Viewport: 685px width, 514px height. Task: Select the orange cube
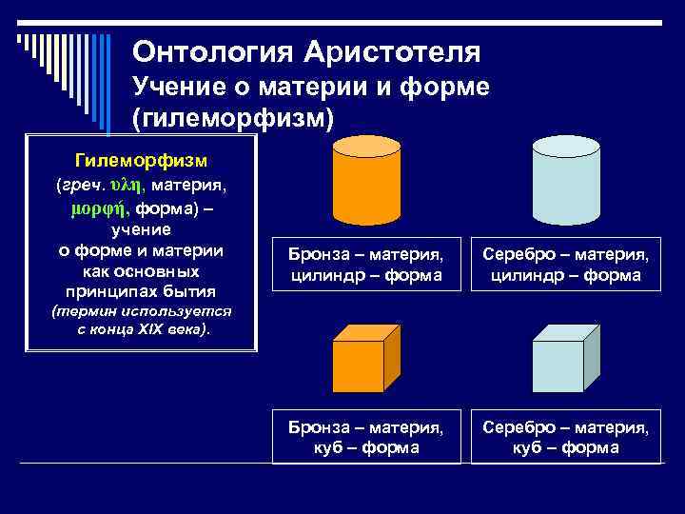pyautogui.click(x=359, y=366)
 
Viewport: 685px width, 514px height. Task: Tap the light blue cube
pyautogui.click(x=558, y=366)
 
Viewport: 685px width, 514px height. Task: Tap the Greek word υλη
pyautogui.click(x=126, y=182)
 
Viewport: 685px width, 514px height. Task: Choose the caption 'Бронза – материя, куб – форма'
pyautogui.click(x=366, y=437)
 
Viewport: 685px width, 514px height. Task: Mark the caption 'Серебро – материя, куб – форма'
pyautogui.click(x=566, y=437)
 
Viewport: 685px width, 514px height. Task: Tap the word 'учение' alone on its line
pyautogui.click(x=141, y=229)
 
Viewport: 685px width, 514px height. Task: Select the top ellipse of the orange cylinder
pyautogui.click(x=366, y=146)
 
